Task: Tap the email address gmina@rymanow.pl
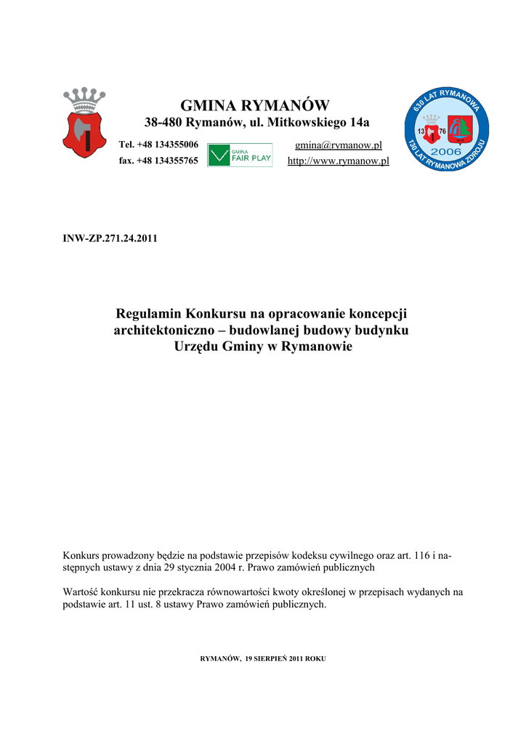tap(338, 145)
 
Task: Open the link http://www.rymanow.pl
tap(338, 161)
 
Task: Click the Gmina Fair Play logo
tap(240, 155)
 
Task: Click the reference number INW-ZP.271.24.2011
tap(111, 238)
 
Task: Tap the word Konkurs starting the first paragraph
tap(84, 555)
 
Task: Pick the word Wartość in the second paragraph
tap(83, 592)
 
